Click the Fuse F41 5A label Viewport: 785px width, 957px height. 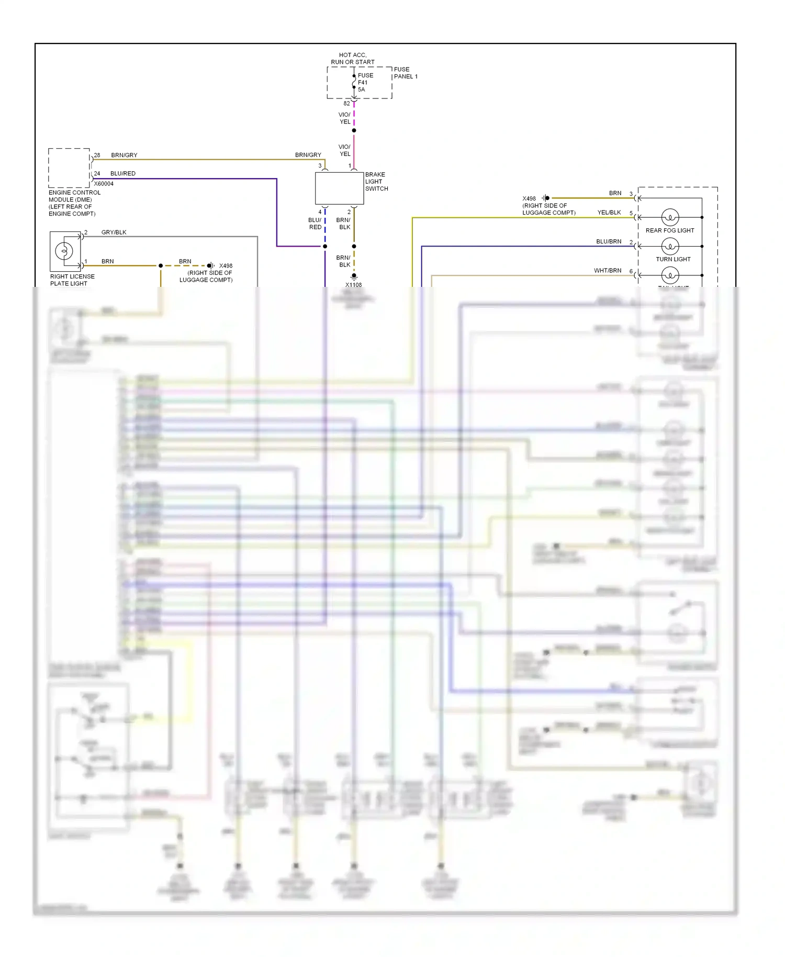click(x=365, y=82)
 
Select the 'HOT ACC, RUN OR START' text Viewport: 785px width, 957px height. click(x=353, y=58)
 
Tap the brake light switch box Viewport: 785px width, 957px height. click(x=339, y=188)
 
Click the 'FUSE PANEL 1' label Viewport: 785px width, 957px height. click(x=405, y=73)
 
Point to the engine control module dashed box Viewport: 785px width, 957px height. click(x=69, y=168)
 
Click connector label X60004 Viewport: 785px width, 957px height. click(x=104, y=184)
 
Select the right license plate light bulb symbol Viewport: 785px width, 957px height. click(x=64, y=251)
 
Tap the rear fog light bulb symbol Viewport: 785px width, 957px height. click(x=670, y=217)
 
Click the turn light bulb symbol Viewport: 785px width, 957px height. click(x=670, y=246)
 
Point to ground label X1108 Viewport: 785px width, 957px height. click(x=353, y=285)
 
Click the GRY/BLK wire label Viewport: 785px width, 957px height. click(x=114, y=232)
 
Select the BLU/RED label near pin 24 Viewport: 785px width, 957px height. click(x=123, y=173)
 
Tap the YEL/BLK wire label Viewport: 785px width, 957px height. click(x=609, y=213)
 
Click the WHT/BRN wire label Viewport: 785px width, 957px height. click(x=608, y=271)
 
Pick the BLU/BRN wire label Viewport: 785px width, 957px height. click(x=609, y=241)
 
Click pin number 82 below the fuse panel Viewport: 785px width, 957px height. click(x=346, y=104)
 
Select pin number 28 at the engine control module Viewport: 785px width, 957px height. click(x=97, y=155)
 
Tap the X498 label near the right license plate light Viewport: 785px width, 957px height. click(x=226, y=266)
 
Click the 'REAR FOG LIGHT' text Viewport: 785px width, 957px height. click(x=670, y=230)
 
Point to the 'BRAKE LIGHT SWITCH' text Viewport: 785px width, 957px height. click(x=376, y=182)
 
